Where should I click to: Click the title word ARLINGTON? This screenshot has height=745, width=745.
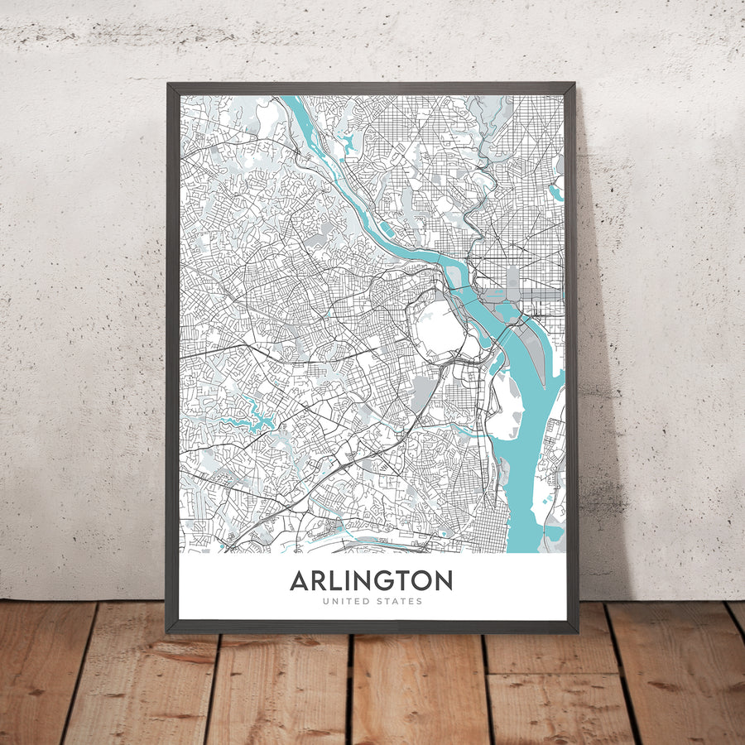[372, 581]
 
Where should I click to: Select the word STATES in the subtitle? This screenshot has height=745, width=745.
[399, 602]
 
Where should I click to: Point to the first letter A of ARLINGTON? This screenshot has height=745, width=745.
[299, 581]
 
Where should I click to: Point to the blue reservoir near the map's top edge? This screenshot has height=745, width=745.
[348, 143]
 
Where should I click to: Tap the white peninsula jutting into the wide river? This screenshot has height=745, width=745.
[502, 406]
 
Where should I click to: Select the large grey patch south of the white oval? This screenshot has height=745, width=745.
[423, 392]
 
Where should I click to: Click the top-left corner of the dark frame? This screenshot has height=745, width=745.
[168, 84]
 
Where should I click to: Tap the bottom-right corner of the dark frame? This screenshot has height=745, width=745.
[576, 632]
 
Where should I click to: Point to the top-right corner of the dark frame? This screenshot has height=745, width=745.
[574, 84]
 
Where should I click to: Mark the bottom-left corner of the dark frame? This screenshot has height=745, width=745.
[168, 632]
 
